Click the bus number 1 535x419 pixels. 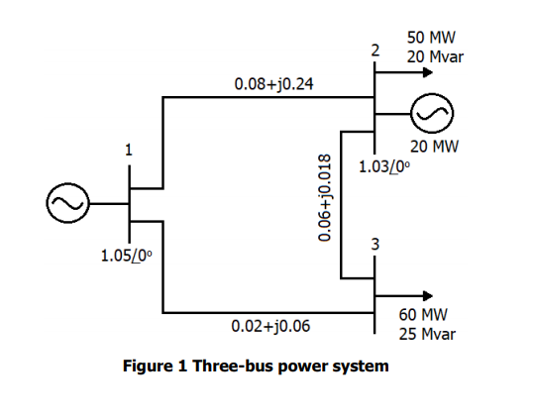127,151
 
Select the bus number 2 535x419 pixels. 374,50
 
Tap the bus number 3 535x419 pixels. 374,245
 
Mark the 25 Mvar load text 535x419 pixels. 427,334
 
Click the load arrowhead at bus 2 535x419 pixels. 428,73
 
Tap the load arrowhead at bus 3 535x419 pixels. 428,295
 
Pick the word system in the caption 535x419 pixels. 361,366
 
